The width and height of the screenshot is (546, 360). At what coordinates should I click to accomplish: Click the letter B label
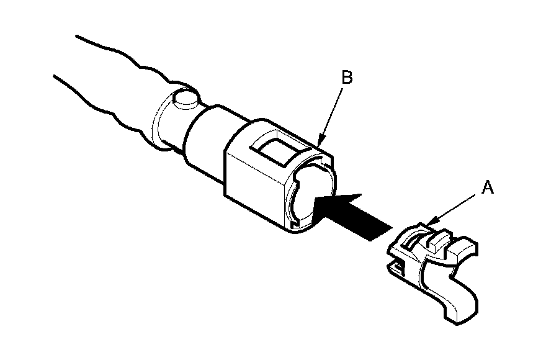coord(347,78)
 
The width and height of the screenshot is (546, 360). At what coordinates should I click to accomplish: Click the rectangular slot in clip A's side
coord(397,267)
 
